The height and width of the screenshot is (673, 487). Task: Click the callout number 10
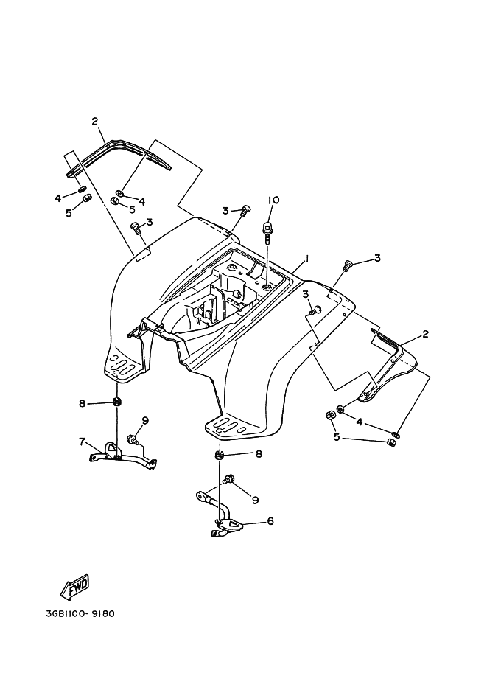tap(273, 200)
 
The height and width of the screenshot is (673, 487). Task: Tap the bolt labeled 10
tap(268, 226)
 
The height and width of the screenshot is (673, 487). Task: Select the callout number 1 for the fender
tap(306, 259)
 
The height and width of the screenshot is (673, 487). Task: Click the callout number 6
tap(270, 521)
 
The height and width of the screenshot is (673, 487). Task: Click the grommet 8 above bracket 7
tap(116, 402)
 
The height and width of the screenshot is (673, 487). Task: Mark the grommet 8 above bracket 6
tap(219, 456)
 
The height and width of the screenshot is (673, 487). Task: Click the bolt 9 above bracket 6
tap(228, 481)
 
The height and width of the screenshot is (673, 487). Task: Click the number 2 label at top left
tap(95, 121)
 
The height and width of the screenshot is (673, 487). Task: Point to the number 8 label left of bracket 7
tap(83, 403)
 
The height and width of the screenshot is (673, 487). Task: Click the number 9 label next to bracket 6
tap(255, 500)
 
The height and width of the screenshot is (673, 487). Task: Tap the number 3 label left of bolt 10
tap(225, 211)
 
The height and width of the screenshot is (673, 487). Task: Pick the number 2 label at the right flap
tap(425, 335)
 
